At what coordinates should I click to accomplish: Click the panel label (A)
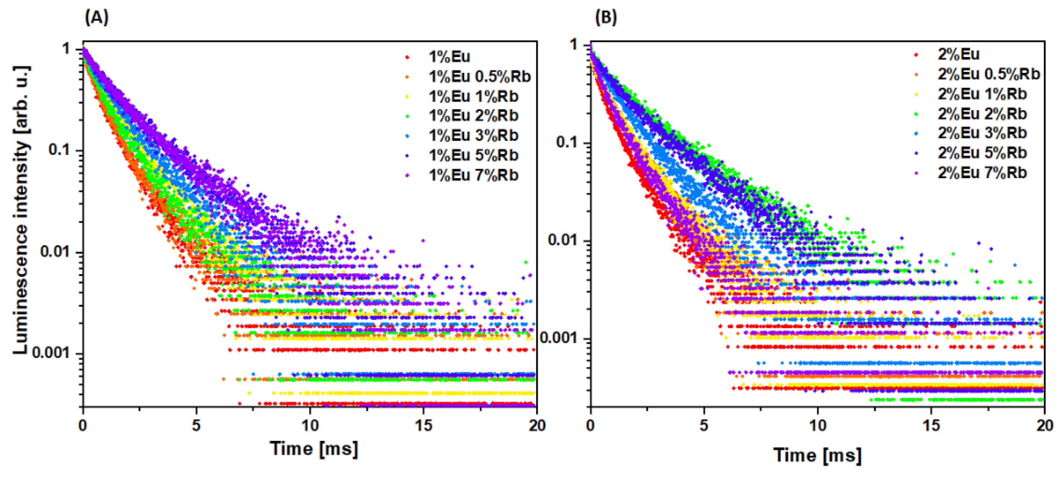96,18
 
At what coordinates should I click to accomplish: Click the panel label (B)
605,18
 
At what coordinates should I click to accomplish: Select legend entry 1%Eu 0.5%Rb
479,76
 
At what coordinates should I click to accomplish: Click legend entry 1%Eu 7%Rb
473,175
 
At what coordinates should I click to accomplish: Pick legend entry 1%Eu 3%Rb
473,135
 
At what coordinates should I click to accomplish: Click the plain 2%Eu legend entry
958,54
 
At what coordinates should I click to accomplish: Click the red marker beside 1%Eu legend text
408,57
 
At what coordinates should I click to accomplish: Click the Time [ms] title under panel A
313,448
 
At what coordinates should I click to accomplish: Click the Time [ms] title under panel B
817,455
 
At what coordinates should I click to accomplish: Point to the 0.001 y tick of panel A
51,352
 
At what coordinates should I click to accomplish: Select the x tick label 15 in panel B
931,425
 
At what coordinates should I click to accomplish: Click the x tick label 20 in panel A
536,425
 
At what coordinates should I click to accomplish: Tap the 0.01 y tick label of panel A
55,251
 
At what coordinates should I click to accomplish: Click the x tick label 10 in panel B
817,425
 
